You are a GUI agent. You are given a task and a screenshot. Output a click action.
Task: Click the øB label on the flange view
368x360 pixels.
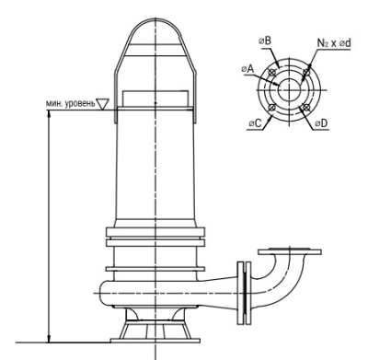(x=265, y=41)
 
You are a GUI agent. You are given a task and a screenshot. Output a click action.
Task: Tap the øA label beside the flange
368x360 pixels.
(x=247, y=69)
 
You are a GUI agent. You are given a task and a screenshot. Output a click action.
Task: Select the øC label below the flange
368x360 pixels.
(x=255, y=123)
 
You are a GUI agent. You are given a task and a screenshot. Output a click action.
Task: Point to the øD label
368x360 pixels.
(x=321, y=123)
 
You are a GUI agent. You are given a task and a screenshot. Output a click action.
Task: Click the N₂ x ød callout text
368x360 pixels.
(x=334, y=43)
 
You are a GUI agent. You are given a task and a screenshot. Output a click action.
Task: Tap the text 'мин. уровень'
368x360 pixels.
(x=71, y=104)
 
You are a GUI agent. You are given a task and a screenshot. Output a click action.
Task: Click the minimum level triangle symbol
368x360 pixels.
(x=102, y=104)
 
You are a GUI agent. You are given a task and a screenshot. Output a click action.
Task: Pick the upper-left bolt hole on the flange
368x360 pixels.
(x=271, y=73)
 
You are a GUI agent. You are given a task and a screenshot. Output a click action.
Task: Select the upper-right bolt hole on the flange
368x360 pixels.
(x=306, y=73)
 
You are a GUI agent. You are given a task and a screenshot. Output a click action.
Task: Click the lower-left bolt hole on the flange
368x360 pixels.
(x=271, y=107)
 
